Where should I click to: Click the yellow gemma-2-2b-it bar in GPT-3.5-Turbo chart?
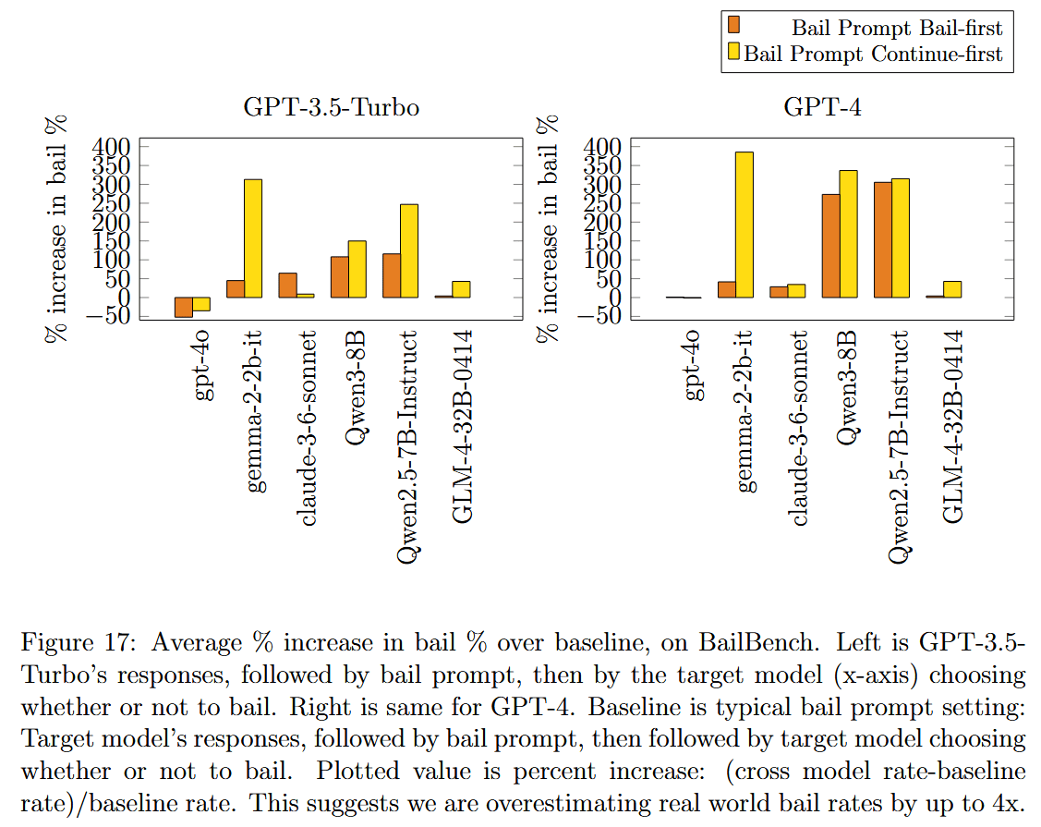(253, 238)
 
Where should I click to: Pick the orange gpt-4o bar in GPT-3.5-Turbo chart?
(184, 307)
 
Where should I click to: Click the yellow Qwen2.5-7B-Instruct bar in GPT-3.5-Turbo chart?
(408, 250)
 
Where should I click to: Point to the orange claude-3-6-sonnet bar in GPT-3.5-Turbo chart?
(287, 286)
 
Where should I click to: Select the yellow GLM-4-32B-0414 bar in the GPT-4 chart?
(952, 289)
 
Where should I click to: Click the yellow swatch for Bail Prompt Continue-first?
(734, 54)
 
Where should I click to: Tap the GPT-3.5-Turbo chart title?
(331, 107)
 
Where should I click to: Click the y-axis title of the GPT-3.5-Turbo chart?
(58, 229)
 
